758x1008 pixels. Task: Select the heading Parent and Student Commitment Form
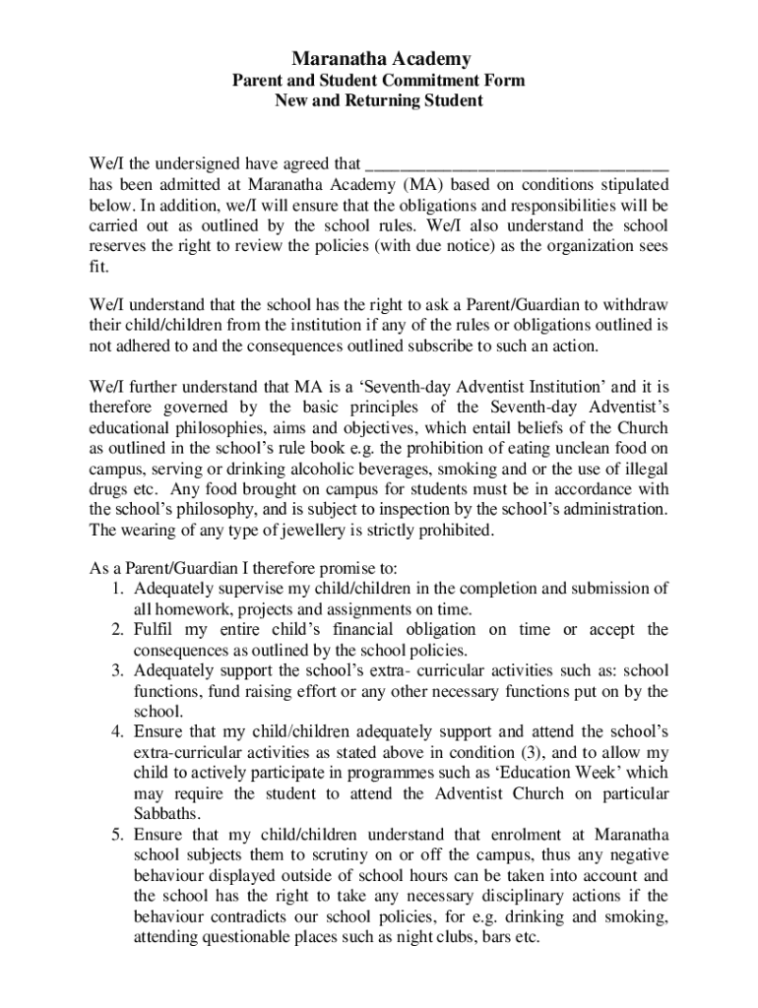click(x=378, y=81)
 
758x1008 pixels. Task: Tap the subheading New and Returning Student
click(x=378, y=101)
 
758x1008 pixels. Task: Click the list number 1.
click(x=115, y=589)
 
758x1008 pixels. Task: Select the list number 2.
click(x=115, y=630)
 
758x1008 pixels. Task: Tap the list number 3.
click(x=115, y=671)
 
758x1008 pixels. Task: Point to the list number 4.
click(x=115, y=732)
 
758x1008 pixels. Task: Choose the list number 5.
click(x=115, y=835)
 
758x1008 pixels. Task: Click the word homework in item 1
click(x=184, y=609)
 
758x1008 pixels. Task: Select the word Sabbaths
click(x=165, y=814)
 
